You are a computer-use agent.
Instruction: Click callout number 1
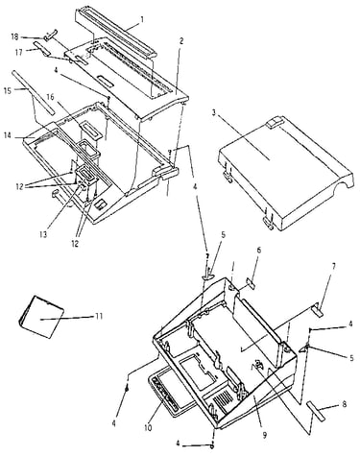point(142,20)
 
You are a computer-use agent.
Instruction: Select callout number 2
point(181,40)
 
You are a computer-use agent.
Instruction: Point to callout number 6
point(259,250)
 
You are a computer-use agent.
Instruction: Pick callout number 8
point(345,404)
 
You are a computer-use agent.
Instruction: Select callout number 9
point(265,435)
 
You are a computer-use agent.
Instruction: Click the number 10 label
point(148,427)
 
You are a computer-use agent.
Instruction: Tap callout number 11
point(99,316)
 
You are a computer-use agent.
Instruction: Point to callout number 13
point(43,234)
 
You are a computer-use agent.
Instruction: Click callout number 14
point(8,136)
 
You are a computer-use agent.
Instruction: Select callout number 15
point(8,91)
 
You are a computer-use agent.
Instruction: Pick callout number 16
point(51,97)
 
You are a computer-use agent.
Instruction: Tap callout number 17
point(19,52)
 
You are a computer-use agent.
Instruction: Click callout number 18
point(14,36)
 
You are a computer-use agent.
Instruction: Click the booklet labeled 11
point(41,317)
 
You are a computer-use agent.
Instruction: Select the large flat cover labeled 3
point(286,173)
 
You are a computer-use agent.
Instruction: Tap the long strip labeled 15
point(34,92)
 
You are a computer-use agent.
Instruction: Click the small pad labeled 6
point(251,283)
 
